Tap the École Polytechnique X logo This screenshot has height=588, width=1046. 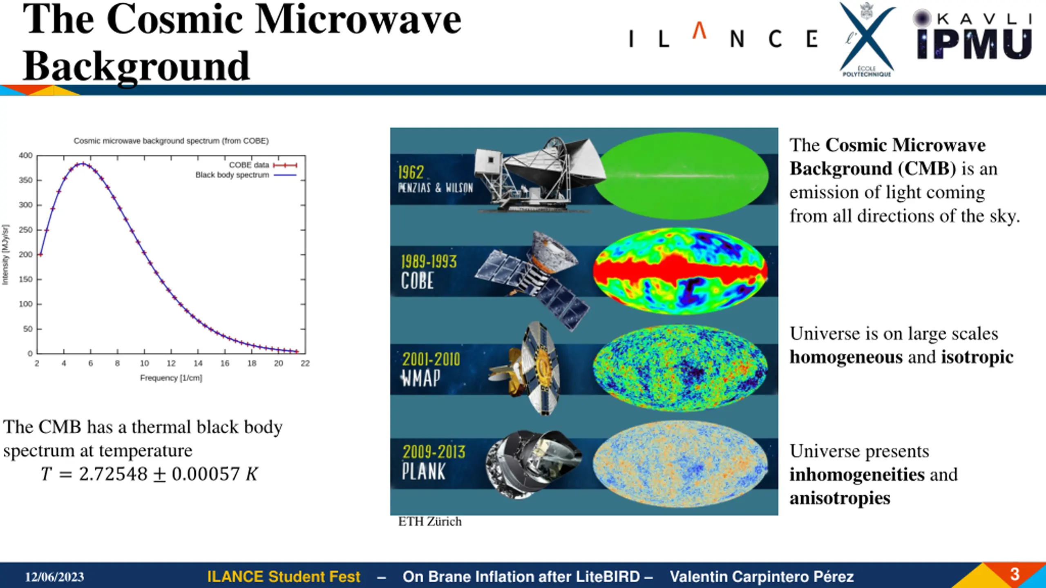pyautogui.click(x=867, y=39)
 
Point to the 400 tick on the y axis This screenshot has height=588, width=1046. pyautogui.click(x=26, y=156)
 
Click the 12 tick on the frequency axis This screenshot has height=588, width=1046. pyautogui.click(x=171, y=363)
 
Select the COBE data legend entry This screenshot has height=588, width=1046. pyautogui.click(x=263, y=165)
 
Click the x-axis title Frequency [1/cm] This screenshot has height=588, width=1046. pyautogui.click(x=171, y=378)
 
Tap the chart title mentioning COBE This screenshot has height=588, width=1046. pyautogui.click(x=171, y=141)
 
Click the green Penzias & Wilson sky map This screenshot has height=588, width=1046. pyautogui.click(x=681, y=176)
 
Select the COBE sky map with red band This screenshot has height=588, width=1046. pyautogui.click(x=680, y=271)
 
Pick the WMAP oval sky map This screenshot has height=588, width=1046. pyautogui.click(x=680, y=367)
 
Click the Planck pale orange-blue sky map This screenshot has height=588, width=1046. pyautogui.click(x=680, y=464)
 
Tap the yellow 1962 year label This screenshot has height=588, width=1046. pyautogui.click(x=411, y=172)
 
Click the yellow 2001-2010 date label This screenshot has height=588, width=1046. pyautogui.click(x=431, y=359)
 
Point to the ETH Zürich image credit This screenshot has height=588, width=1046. pyautogui.click(x=430, y=521)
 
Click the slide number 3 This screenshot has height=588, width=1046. pyautogui.click(x=1015, y=574)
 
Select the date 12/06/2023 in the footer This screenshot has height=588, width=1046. pyautogui.click(x=54, y=577)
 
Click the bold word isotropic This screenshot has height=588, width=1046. pyautogui.click(x=977, y=357)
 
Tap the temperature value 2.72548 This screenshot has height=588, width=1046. pyautogui.click(x=113, y=474)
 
